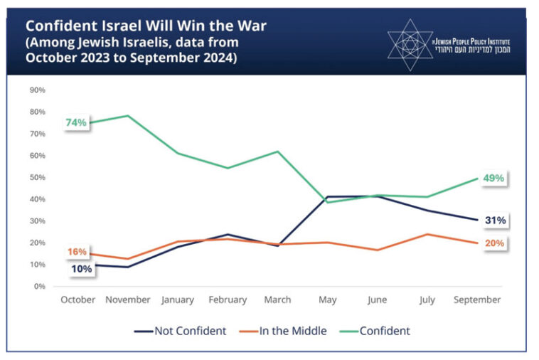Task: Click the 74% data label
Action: (76, 122)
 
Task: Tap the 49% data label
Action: (494, 178)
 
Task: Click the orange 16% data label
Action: (77, 252)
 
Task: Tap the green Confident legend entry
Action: (375, 331)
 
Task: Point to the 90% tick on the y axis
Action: (37, 90)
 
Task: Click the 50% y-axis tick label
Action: (37, 177)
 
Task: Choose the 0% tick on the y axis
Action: (39, 287)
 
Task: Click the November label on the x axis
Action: (128, 300)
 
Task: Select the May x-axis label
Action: (327, 300)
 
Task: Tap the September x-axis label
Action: (476, 300)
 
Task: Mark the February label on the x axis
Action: (228, 300)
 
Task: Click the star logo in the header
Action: (407, 43)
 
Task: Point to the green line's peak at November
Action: (128, 115)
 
